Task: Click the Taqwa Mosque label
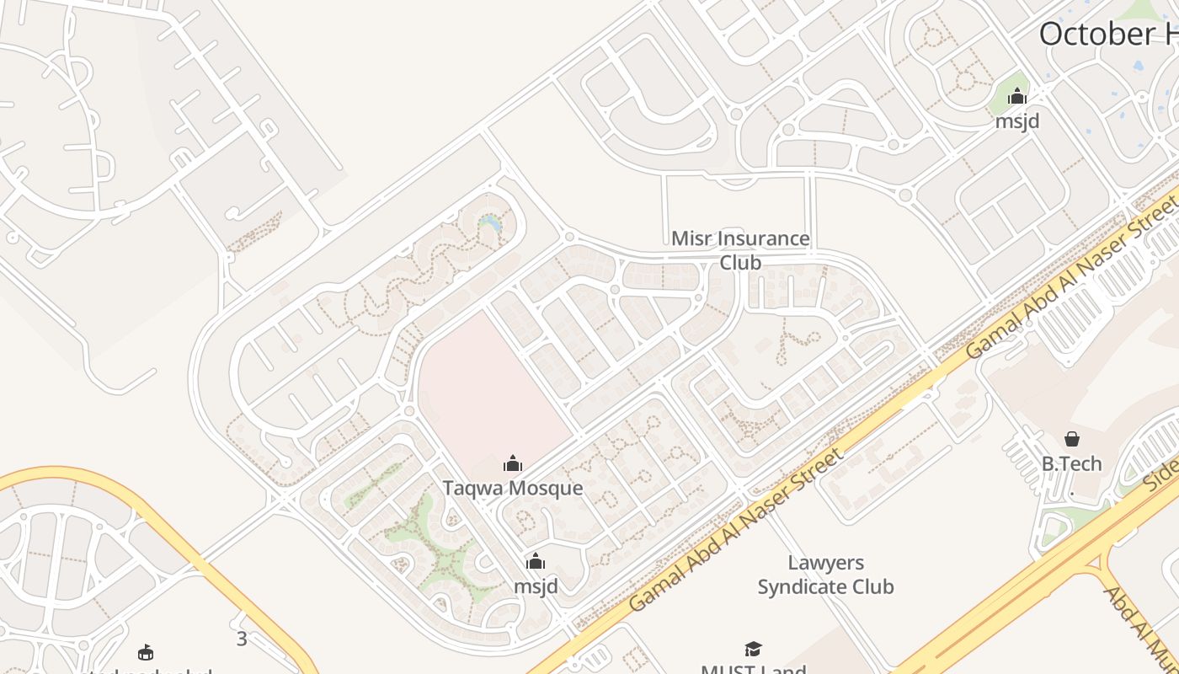coord(513,489)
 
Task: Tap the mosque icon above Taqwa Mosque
coord(513,463)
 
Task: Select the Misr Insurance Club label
coord(740,250)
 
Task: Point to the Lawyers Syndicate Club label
coord(825,575)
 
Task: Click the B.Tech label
coord(1071,464)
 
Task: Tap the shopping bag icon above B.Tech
coord(1072,439)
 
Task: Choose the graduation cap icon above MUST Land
coord(753,649)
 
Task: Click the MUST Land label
coord(753,669)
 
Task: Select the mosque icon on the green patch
coord(1017,95)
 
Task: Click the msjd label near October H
coord(1017,121)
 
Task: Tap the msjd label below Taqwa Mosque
coord(536,586)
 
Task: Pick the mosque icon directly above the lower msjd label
coord(536,561)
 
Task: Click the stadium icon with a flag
coord(146,652)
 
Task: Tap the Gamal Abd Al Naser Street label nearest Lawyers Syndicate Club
coord(735,531)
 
